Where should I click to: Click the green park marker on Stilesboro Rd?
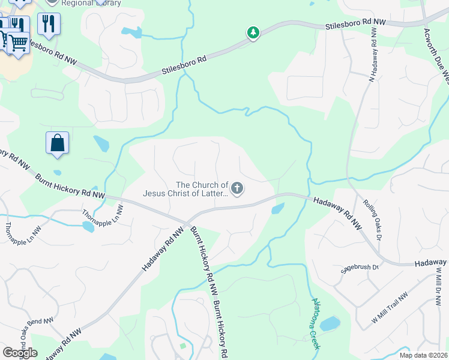pyautogui.click(x=253, y=32)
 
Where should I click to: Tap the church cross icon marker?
pyautogui.click(x=237, y=189)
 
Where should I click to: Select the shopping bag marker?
pyautogui.click(x=57, y=143)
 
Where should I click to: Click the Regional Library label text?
pyautogui.click(x=90, y=3)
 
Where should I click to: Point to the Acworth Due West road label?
pyautogui.click(x=436, y=54)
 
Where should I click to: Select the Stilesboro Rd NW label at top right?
pyautogui.click(x=355, y=25)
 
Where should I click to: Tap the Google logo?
pyautogui.click(x=20, y=353)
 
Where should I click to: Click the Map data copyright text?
pyautogui.click(x=423, y=355)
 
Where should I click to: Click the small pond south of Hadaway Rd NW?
pyautogui.click(x=277, y=209)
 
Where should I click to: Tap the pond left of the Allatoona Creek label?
pyautogui.click(x=330, y=325)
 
